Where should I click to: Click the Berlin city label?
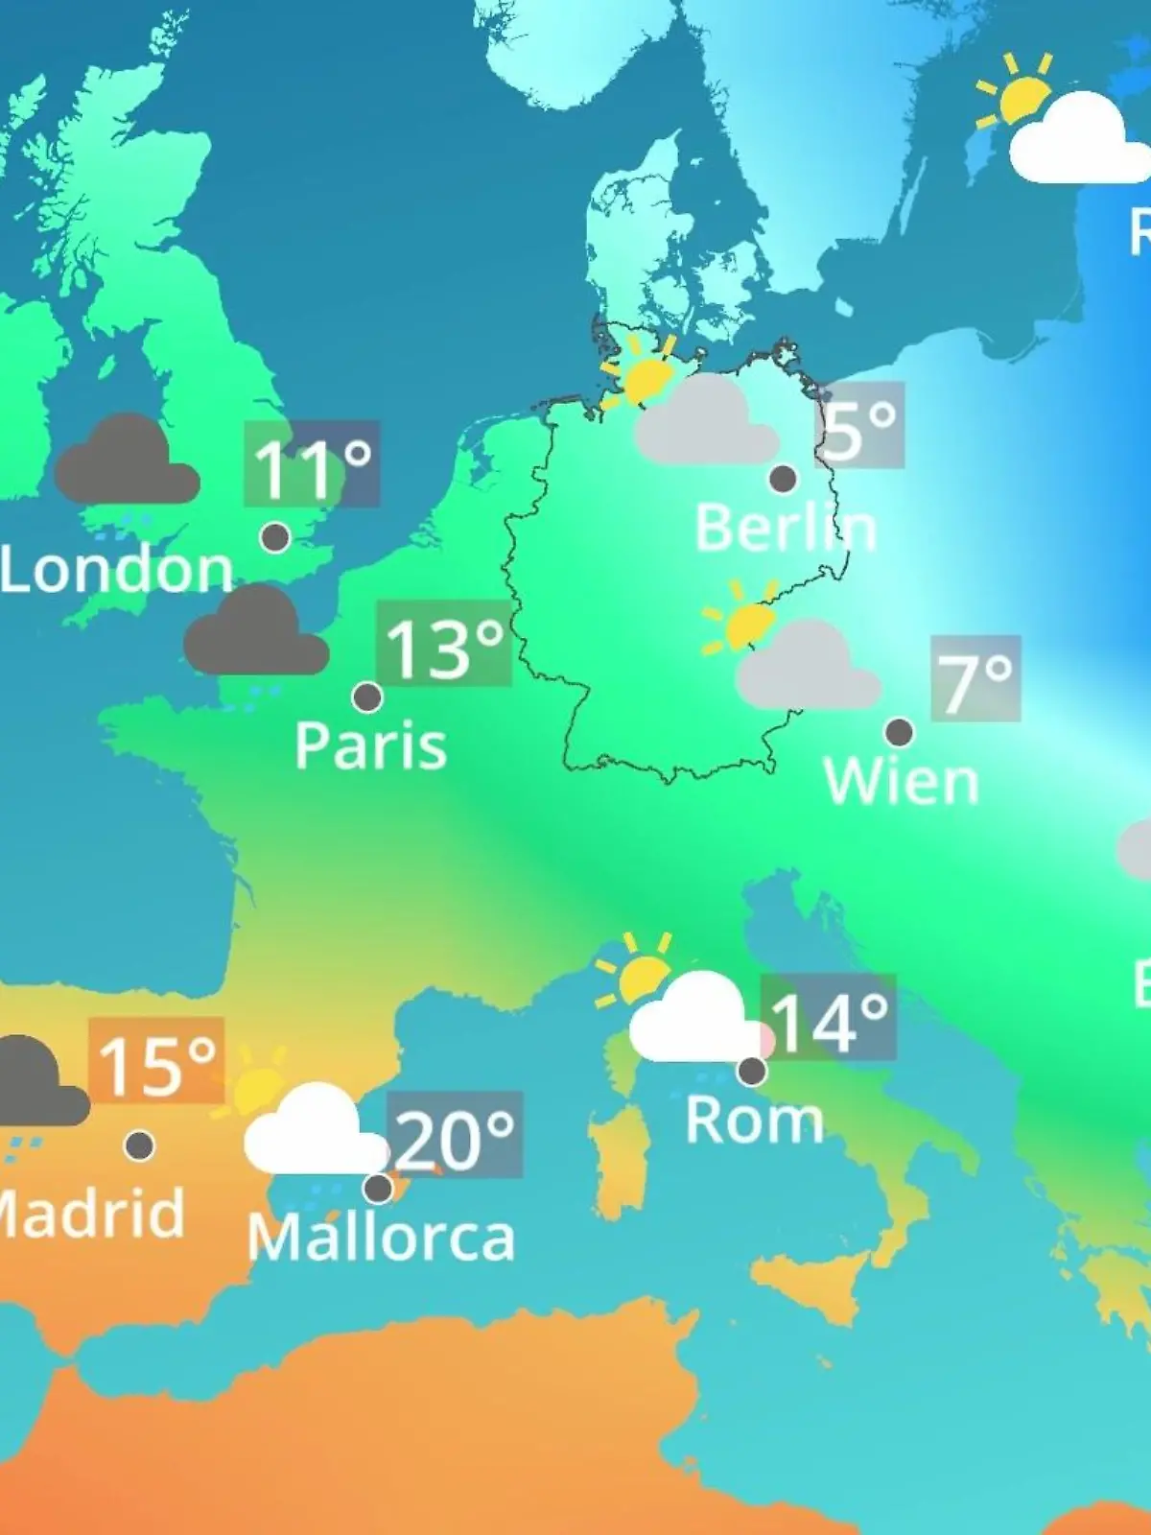(x=785, y=528)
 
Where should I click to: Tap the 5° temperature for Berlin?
(x=860, y=425)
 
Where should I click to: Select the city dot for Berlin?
(x=783, y=478)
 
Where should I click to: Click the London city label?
(x=117, y=570)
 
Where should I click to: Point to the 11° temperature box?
(x=313, y=464)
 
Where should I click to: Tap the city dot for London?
(x=275, y=537)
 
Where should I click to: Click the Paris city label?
(x=370, y=745)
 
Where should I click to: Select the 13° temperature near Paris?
(x=444, y=644)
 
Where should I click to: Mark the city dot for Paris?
(x=367, y=697)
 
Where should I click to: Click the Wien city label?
(x=901, y=782)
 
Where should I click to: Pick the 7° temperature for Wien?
(x=975, y=678)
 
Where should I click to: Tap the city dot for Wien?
(x=899, y=732)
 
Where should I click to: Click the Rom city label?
(x=755, y=1120)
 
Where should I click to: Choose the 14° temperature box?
(x=829, y=1018)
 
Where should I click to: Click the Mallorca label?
(x=381, y=1238)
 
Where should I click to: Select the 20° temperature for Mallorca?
(x=455, y=1135)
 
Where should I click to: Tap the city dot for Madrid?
(x=140, y=1145)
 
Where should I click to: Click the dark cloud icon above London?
(x=127, y=460)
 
